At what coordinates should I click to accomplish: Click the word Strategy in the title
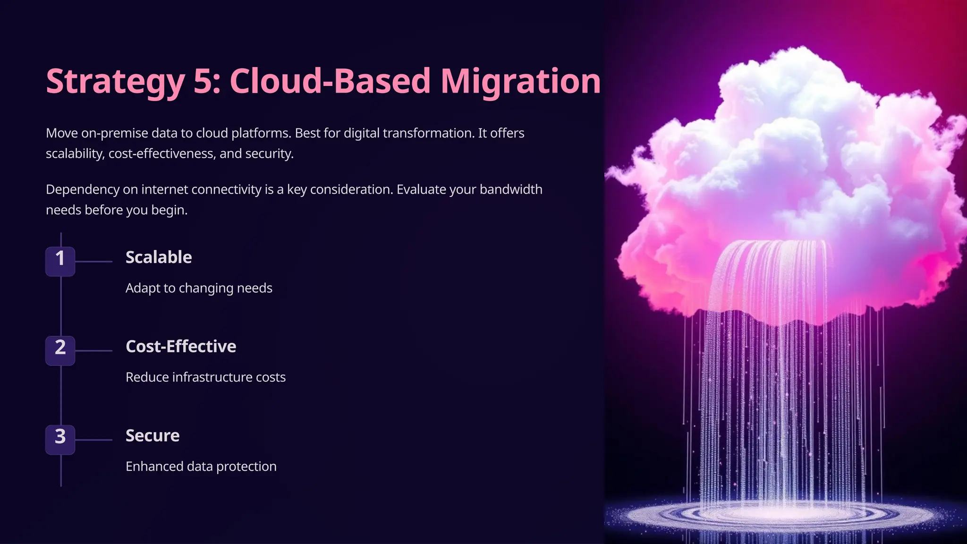tap(115, 82)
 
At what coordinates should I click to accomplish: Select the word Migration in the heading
tap(520, 82)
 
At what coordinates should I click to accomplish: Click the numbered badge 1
tap(60, 261)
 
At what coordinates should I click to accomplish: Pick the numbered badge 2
tap(60, 350)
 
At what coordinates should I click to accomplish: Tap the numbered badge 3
tap(60, 439)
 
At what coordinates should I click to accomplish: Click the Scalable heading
tap(159, 257)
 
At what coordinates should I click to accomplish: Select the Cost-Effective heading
tap(181, 347)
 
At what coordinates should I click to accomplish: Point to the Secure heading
tap(153, 435)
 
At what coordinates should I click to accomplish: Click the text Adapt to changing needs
tap(199, 288)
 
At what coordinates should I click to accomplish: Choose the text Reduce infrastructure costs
tap(205, 377)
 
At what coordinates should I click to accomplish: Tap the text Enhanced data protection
tap(201, 467)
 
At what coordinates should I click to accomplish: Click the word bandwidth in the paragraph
tap(511, 189)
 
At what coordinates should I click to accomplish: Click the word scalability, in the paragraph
tap(75, 153)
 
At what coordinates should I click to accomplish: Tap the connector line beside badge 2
tap(93, 351)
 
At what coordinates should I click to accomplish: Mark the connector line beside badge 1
tap(93, 261)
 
